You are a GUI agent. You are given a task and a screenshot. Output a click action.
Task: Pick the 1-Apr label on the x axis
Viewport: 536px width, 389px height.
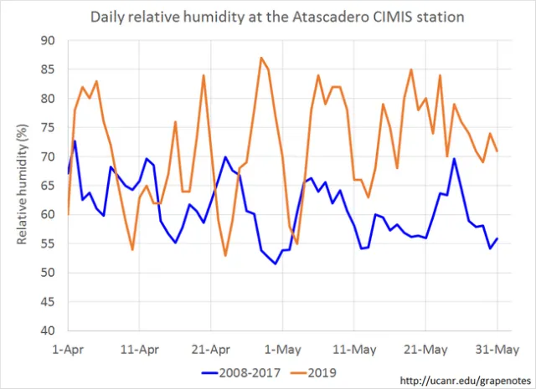coord(68,346)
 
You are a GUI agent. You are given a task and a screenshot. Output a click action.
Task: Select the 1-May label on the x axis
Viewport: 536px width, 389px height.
coord(282,346)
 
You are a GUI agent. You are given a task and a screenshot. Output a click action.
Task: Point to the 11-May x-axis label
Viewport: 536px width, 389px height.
coord(354,346)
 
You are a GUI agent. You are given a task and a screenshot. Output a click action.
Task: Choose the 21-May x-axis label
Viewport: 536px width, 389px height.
coord(425,346)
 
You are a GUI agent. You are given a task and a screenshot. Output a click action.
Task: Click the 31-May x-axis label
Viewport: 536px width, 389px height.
coord(497,346)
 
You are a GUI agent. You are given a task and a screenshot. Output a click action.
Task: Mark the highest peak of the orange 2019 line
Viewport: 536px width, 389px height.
coord(261,58)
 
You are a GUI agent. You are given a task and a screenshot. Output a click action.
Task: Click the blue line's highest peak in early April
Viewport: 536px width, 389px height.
coord(75,141)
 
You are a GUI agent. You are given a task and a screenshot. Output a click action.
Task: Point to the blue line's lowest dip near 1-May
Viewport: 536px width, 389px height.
coord(276,264)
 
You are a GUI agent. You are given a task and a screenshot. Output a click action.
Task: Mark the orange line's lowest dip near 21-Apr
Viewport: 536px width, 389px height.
coord(225,255)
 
